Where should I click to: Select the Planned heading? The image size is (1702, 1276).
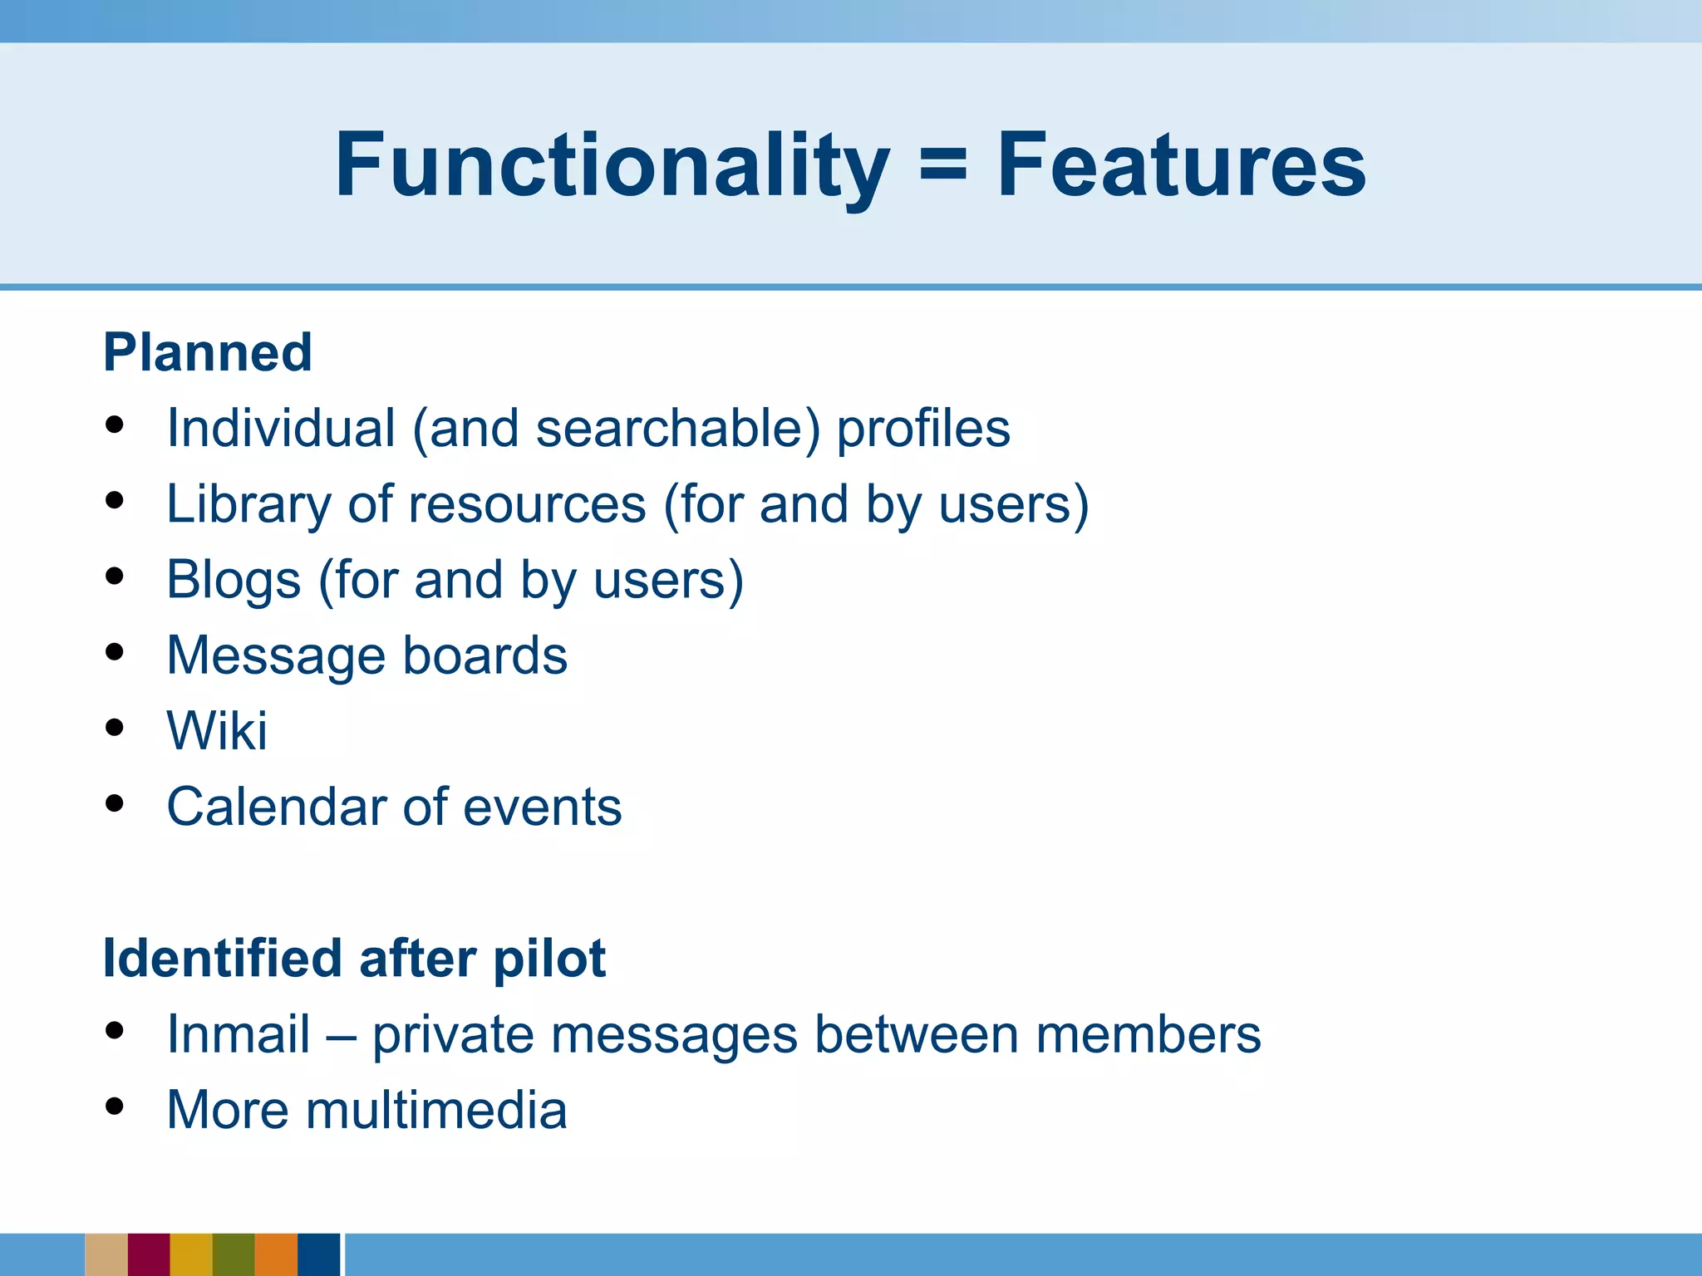click(208, 352)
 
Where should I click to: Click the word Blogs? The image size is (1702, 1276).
click(234, 580)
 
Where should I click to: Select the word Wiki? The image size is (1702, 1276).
click(217, 731)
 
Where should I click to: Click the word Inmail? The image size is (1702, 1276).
click(239, 1035)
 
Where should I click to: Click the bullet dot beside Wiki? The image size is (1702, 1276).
click(115, 729)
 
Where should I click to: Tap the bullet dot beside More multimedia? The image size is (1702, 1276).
click(115, 1107)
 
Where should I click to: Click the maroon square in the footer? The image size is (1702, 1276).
click(149, 1254)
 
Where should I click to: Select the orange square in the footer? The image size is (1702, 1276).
click(276, 1254)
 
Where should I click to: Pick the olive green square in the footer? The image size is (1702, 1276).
click(234, 1254)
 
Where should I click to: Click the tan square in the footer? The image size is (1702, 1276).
click(106, 1254)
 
